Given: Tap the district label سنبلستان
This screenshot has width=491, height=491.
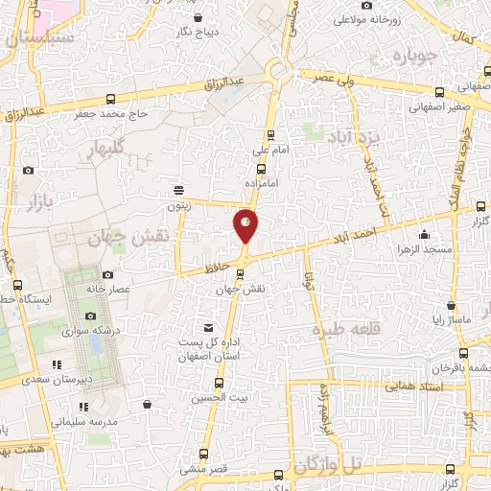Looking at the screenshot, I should tap(38, 40).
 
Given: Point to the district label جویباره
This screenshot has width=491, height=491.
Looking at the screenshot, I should tap(414, 57).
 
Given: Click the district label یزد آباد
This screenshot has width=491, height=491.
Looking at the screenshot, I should tap(354, 135).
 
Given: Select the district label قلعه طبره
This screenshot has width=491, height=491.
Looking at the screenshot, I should tap(341, 330).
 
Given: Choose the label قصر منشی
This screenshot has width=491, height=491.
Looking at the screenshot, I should tap(203, 469).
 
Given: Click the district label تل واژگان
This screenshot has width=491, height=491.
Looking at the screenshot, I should tap(330, 466).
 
